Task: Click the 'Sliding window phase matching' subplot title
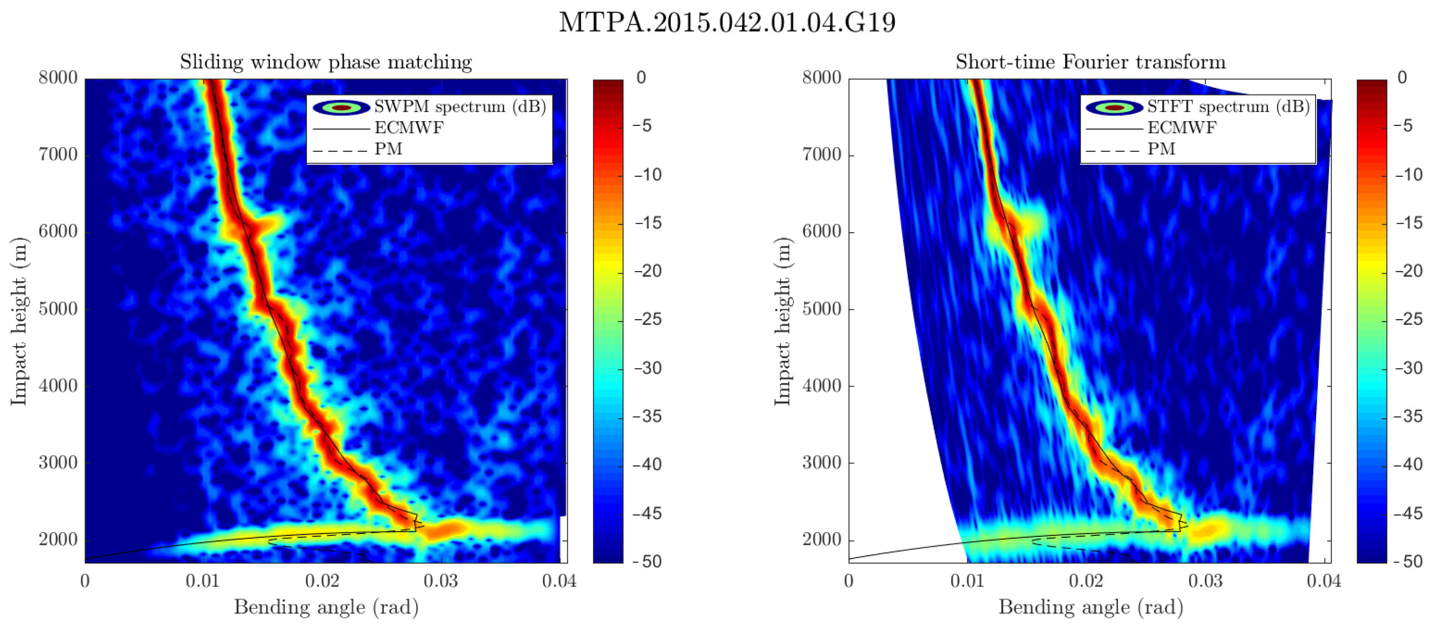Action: (325, 62)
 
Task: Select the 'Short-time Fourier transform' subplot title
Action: (1090, 62)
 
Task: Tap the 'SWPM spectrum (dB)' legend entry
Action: (460, 106)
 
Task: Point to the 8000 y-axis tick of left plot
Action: (58, 78)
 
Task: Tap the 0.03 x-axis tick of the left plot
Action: (440, 580)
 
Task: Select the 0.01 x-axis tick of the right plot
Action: (967, 580)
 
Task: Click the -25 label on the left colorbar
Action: (648, 319)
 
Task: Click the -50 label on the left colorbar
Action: (648, 561)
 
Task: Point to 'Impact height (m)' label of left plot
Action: (19, 321)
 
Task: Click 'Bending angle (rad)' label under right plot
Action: (1090, 607)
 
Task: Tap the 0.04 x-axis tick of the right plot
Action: (1324, 580)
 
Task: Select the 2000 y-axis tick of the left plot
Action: (58, 540)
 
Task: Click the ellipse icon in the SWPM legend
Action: (341, 107)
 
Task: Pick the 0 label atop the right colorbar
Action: (1402, 78)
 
